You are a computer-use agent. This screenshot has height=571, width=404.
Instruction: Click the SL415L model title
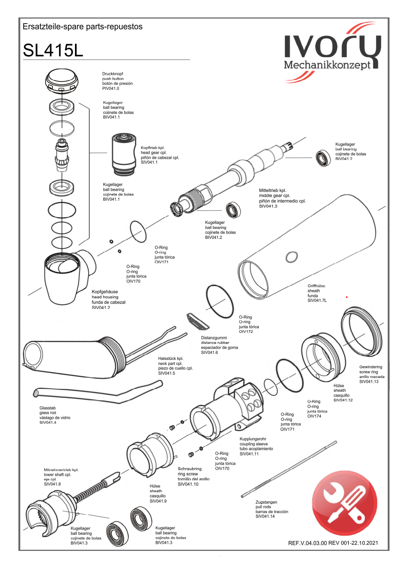(53, 50)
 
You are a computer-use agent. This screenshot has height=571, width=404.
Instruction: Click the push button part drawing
(62, 82)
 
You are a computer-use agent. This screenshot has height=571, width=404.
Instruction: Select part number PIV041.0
(110, 89)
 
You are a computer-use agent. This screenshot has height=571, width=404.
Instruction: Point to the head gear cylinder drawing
(123, 154)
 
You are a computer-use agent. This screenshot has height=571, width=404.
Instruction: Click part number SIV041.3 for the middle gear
(268, 206)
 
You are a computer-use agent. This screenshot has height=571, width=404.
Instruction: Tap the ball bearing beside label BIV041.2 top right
(323, 158)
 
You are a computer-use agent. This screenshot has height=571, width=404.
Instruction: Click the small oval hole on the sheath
(292, 257)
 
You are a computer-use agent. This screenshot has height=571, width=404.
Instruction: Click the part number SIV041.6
(209, 353)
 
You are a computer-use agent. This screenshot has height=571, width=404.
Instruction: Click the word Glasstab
(47, 408)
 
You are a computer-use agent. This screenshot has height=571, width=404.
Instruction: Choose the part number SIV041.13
(368, 381)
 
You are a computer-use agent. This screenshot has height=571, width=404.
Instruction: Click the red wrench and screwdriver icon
(344, 503)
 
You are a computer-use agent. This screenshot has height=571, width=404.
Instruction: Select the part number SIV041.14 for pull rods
(265, 516)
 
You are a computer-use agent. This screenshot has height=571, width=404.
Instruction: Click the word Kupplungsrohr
(253, 439)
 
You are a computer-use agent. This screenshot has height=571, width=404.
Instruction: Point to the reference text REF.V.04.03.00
(307, 543)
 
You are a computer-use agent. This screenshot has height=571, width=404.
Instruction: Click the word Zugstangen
(266, 502)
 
